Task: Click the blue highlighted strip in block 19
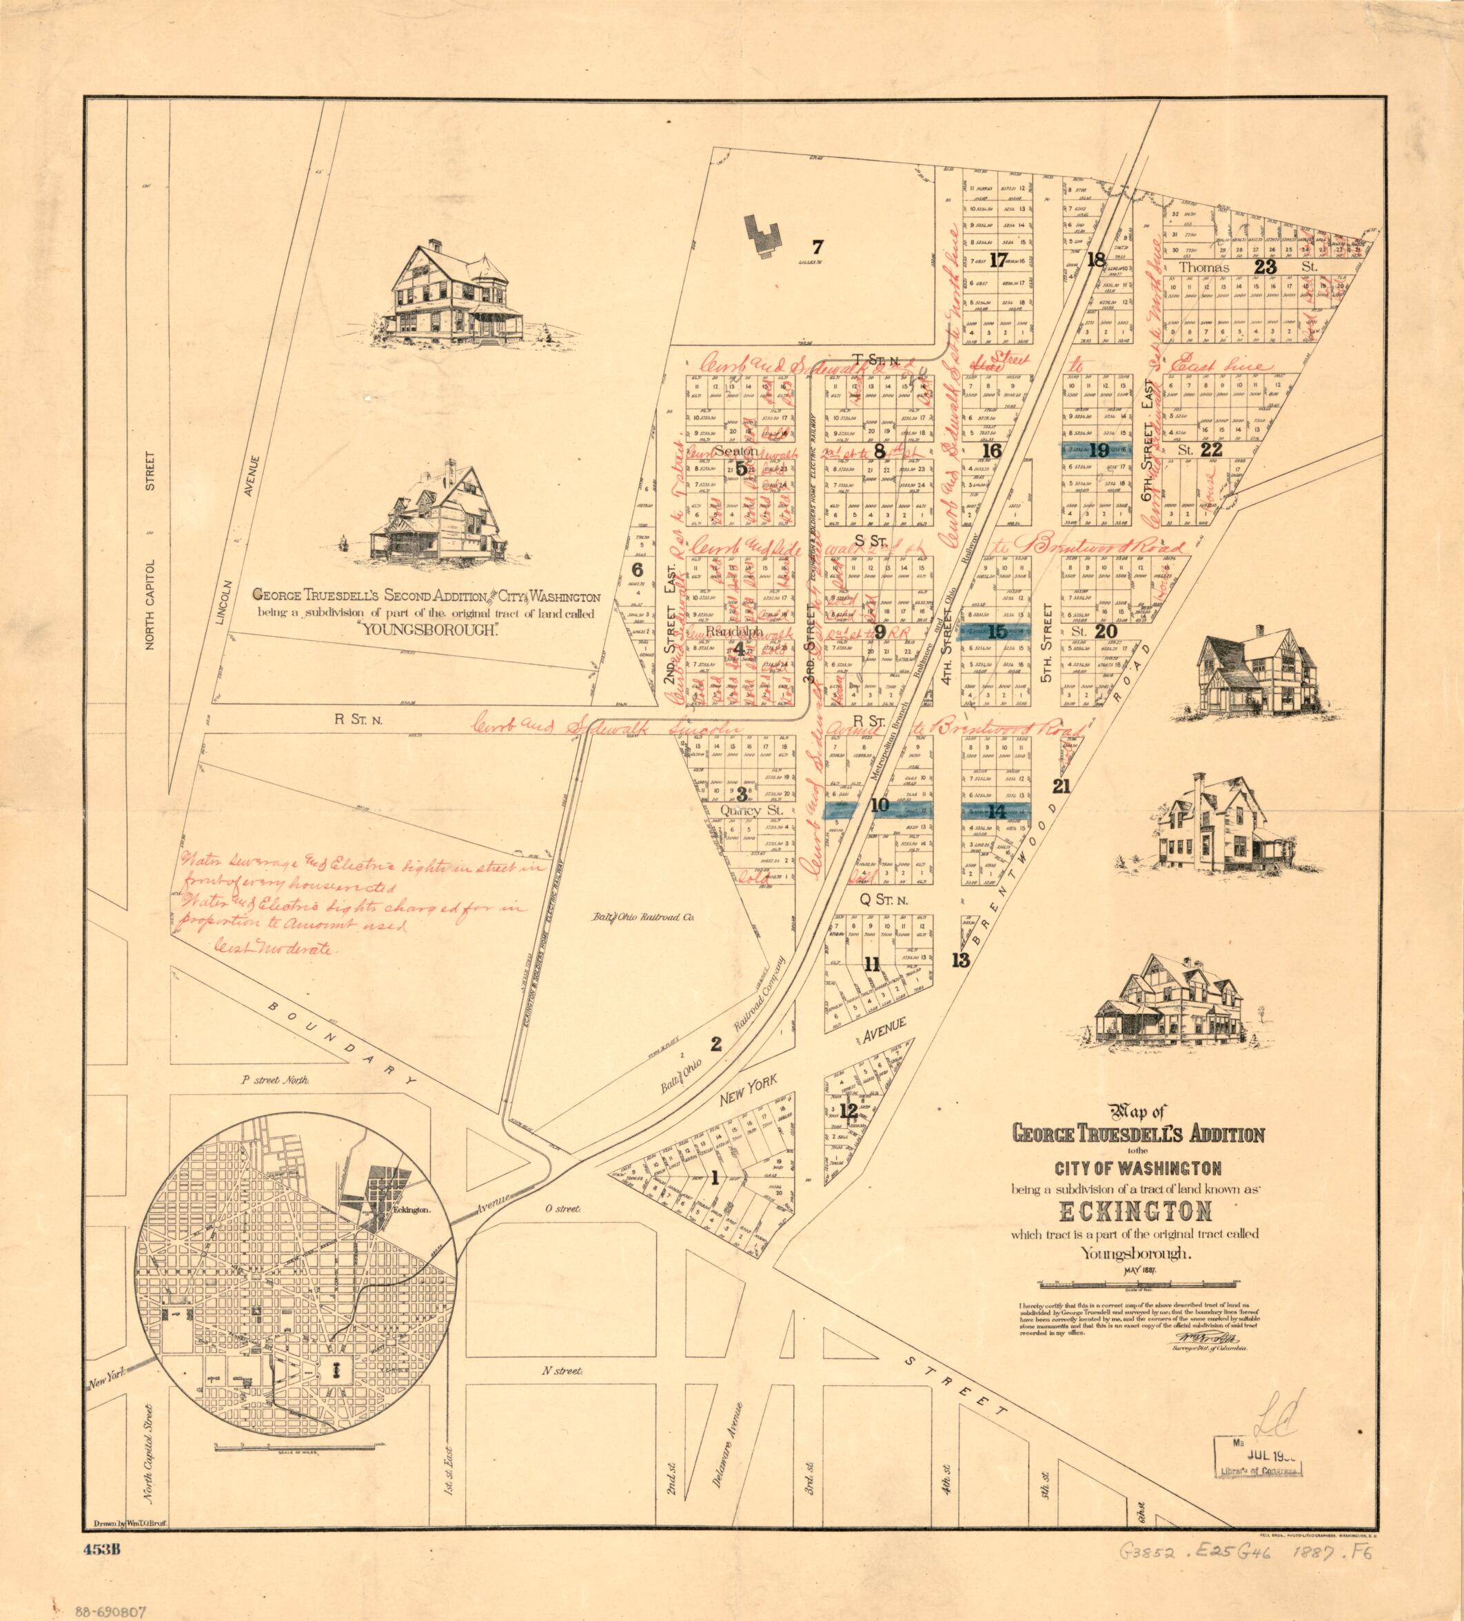[1098, 450]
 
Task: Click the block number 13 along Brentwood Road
[960, 959]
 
